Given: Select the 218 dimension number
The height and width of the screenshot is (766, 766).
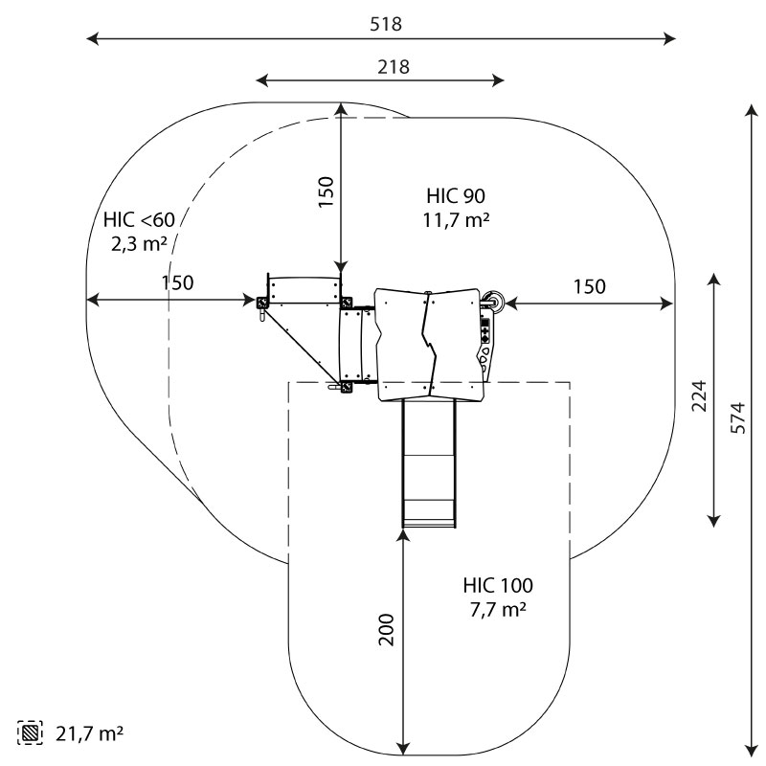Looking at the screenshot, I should [380, 67].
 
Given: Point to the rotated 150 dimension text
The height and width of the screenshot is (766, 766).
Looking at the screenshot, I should [326, 193].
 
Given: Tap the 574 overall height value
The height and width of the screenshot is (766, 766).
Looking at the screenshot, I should [736, 417].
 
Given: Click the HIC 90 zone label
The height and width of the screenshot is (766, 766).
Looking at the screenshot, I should [457, 196].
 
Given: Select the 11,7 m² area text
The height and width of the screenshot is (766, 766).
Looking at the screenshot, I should [457, 220].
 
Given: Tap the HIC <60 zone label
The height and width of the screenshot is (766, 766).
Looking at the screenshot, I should [140, 220].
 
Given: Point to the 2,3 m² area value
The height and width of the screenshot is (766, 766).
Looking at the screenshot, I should [140, 244].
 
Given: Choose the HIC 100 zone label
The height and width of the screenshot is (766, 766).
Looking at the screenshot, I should [498, 585].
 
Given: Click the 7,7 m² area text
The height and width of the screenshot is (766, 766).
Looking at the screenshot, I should [498, 609].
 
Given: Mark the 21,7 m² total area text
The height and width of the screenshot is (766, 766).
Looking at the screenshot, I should [88, 734].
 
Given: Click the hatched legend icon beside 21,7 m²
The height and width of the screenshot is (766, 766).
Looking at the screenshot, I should [32, 734].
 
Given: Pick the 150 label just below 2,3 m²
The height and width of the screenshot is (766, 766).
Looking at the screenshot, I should [177, 283].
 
